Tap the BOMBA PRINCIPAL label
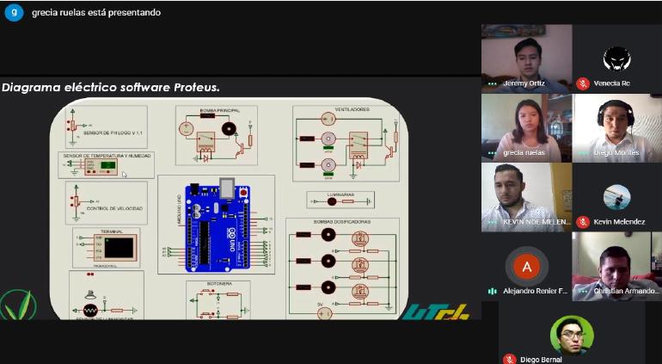[214, 110]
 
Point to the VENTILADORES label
[345, 110]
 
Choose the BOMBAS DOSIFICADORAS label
[341, 222]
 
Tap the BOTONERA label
[219, 282]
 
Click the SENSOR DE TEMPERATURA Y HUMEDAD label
[106, 156]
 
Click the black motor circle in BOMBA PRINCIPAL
[228, 129]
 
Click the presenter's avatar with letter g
[14, 12]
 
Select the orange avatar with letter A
[527, 266]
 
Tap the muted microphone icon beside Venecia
[582, 83]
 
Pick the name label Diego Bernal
[542, 359]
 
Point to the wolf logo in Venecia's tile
[616, 59]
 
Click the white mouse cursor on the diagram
[125, 176]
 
